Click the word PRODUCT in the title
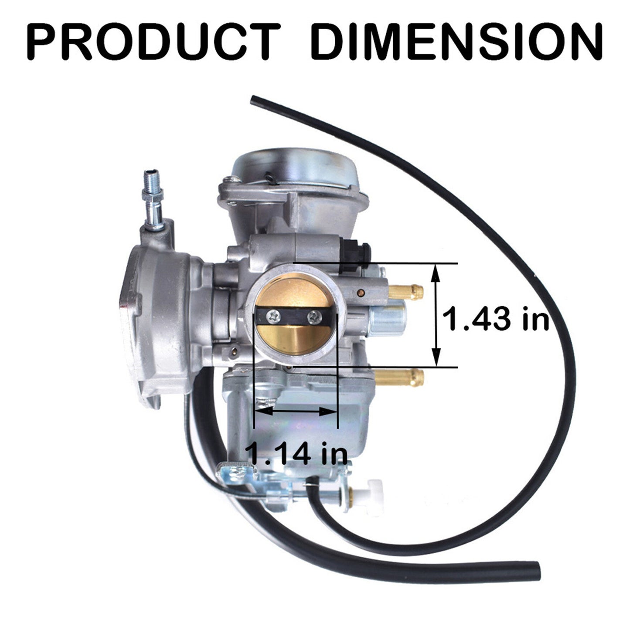point(153,42)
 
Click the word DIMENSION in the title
point(457,42)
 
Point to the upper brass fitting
point(405,292)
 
